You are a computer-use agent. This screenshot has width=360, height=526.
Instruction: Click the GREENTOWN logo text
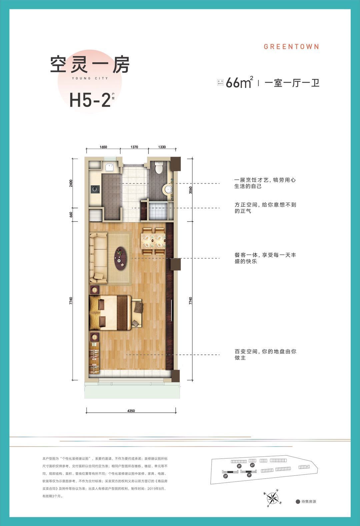291,47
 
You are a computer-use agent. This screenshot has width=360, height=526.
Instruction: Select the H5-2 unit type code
90,100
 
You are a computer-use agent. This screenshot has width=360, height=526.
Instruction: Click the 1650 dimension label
103,147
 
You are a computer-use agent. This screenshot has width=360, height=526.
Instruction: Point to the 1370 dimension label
134,147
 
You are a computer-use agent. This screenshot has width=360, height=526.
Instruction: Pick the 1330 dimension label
162,147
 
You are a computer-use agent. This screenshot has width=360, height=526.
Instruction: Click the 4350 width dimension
131,411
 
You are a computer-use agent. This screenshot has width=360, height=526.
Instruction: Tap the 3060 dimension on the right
190,190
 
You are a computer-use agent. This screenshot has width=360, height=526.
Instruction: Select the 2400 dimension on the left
71,183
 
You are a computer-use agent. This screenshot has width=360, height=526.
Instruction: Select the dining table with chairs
154,241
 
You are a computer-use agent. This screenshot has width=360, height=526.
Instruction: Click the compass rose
273,498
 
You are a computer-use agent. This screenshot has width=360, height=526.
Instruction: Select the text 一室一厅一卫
292,83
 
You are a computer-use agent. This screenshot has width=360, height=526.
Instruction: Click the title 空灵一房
90,65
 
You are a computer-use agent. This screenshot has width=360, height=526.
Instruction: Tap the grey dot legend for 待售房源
298,501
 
